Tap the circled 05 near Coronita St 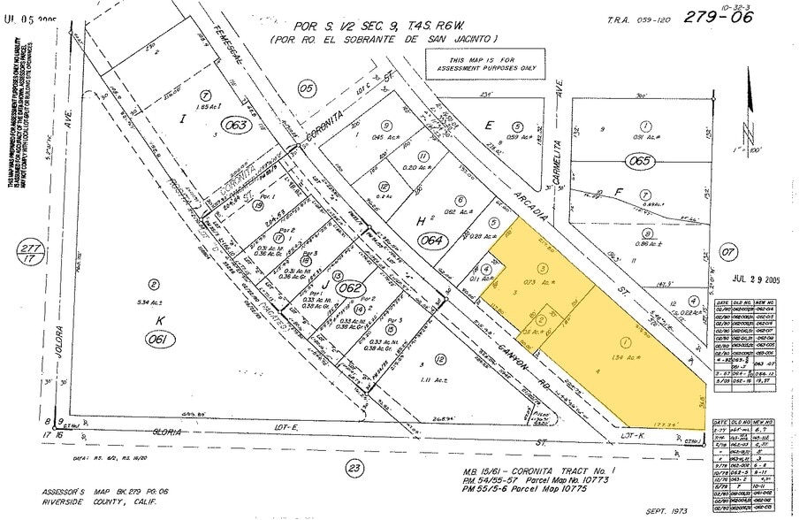click(x=306, y=88)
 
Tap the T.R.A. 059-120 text click(x=632, y=19)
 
